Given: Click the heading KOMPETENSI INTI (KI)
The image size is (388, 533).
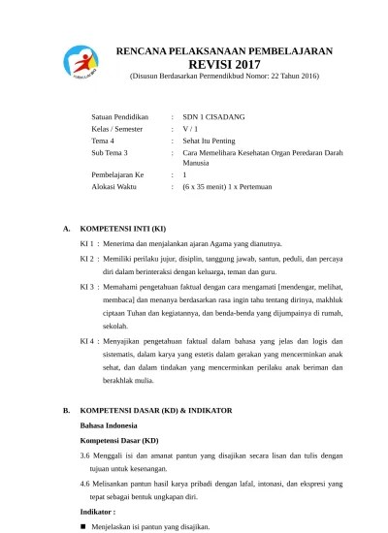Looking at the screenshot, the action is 122,229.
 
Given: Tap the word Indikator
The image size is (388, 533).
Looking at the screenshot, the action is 97,511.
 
